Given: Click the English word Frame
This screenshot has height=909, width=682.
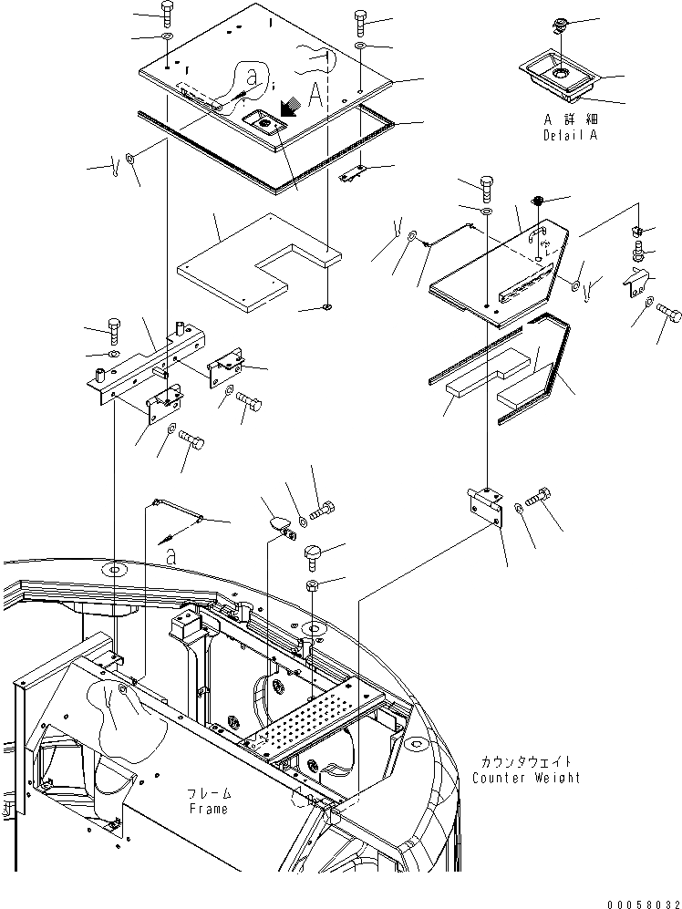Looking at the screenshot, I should (x=208, y=809).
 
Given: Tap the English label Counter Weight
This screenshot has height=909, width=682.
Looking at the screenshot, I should (x=526, y=778).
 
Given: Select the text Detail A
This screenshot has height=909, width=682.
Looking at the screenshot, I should (x=570, y=134).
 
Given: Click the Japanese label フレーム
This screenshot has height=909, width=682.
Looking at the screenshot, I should (x=209, y=793).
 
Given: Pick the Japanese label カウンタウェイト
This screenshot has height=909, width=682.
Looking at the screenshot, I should (x=526, y=761).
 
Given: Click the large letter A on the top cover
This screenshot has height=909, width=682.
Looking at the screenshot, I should (x=315, y=92).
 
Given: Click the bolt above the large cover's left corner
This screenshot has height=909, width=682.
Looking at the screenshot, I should (x=167, y=12).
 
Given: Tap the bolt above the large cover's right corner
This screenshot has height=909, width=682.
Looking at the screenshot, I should (x=359, y=19).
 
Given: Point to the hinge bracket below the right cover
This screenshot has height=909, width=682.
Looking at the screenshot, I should (x=486, y=505).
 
